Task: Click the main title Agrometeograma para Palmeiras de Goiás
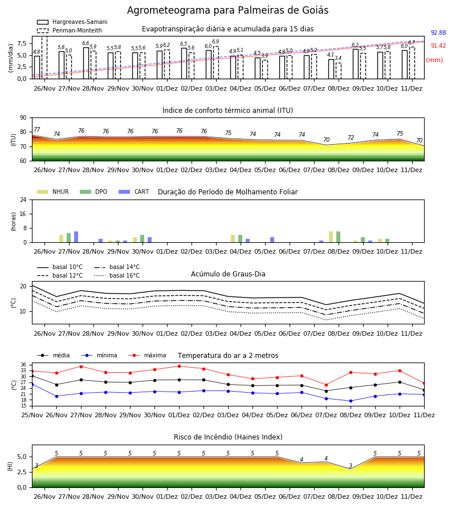coord(227,10)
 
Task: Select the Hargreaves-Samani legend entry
coord(72,22)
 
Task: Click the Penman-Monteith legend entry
coord(70,30)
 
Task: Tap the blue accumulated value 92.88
coord(438,32)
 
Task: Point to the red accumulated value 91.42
coord(438,46)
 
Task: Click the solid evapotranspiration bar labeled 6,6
coord(86,63)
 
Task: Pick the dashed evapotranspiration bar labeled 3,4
coord(339,71)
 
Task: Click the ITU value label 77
coord(36,129)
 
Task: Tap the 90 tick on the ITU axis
coord(23,118)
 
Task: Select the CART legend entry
coord(134,192)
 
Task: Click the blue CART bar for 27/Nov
coord(76,237)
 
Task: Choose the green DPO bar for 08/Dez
coord(338,237)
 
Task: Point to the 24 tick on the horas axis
coord(23,199)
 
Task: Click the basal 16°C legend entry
coord(117,275)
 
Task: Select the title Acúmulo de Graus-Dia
coord(228,274)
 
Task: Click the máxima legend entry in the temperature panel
coord(147,355)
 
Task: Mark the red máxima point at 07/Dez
coord(326,385)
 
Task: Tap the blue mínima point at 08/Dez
coord(351,401)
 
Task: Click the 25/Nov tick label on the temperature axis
coord(32,415)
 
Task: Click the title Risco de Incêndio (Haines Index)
coord(228,437)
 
